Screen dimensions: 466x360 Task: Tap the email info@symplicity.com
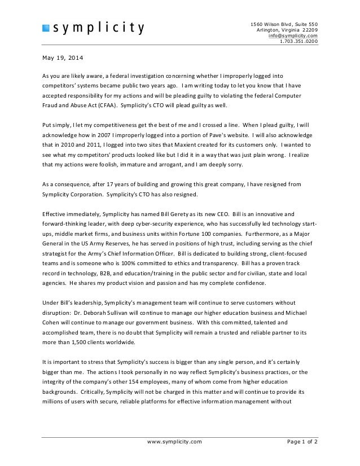pos(293,36)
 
